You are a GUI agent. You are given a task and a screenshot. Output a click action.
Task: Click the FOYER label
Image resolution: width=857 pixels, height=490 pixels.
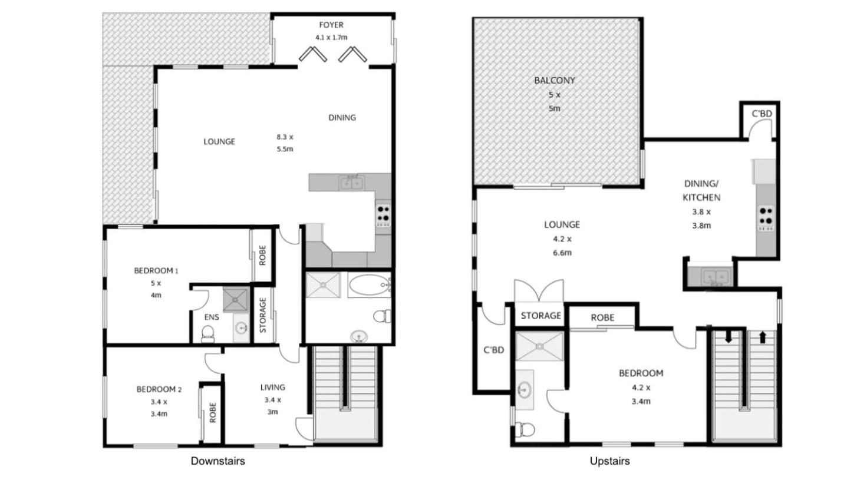tap(331, 25)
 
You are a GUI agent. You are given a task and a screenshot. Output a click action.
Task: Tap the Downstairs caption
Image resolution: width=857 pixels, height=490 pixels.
tap(217, 461)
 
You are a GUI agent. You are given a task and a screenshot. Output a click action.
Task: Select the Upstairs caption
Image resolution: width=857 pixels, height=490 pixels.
tap(609, 461)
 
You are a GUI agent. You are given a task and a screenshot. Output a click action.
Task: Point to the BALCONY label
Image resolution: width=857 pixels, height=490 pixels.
tap(555, 81)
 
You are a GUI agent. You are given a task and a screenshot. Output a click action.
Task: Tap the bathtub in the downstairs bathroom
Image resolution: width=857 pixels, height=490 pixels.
tap(369, 285)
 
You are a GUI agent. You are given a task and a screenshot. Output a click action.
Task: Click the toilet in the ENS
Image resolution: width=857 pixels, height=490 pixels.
tap(207, 333)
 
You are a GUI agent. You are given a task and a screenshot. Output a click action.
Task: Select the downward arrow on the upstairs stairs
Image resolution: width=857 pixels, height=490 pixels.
tap(728, 336)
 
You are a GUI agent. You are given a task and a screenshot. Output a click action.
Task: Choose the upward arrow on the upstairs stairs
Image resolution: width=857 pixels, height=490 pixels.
tap(762, 337)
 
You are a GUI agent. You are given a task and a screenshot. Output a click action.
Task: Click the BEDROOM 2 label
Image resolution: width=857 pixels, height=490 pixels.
tap(159, 389)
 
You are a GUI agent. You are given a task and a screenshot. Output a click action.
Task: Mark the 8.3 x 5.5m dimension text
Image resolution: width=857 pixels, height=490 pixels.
tap(285, 143)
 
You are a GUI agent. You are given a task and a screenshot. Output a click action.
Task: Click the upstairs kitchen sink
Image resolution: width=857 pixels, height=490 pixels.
tap(716, 277)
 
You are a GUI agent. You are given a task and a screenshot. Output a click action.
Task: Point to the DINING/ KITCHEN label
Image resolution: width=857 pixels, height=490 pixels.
tap(701, 191)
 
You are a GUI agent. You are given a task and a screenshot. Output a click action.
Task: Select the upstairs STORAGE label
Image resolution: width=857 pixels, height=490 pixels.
tap(540, 316)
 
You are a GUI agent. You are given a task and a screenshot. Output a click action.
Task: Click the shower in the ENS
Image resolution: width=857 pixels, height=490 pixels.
tap(236, 300)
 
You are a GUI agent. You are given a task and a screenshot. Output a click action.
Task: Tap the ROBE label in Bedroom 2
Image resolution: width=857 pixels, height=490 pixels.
tap(213, 413)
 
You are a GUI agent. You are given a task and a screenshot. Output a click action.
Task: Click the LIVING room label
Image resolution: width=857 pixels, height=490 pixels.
tap(272, 388)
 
